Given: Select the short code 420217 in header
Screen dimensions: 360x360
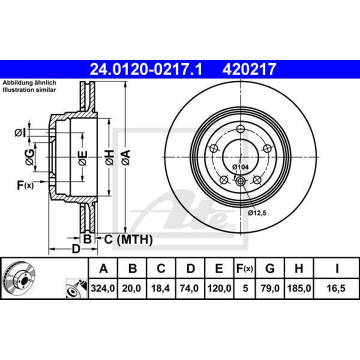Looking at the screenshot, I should [248, 68].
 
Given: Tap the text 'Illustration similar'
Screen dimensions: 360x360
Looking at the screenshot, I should [29, 89].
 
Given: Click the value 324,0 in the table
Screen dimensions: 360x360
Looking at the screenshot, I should [103, 288].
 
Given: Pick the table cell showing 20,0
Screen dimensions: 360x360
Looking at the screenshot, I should [132, 288].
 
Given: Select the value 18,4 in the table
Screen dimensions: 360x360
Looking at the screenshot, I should [161, 288].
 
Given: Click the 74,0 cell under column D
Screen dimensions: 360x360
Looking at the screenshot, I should [190, 288].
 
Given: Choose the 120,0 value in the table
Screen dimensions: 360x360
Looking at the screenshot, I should [218, 288].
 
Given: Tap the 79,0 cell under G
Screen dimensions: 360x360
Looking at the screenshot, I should [270, 288].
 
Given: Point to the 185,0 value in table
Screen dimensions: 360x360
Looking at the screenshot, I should [298, 288].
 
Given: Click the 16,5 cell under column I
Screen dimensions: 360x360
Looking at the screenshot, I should [337, 288].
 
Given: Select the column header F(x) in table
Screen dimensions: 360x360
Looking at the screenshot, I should [244, 269].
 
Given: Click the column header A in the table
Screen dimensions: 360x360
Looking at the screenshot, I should [103, 269].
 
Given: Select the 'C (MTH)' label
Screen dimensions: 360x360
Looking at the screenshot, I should [127, 239].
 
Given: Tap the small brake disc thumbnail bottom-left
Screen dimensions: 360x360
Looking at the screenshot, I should [19, 278].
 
